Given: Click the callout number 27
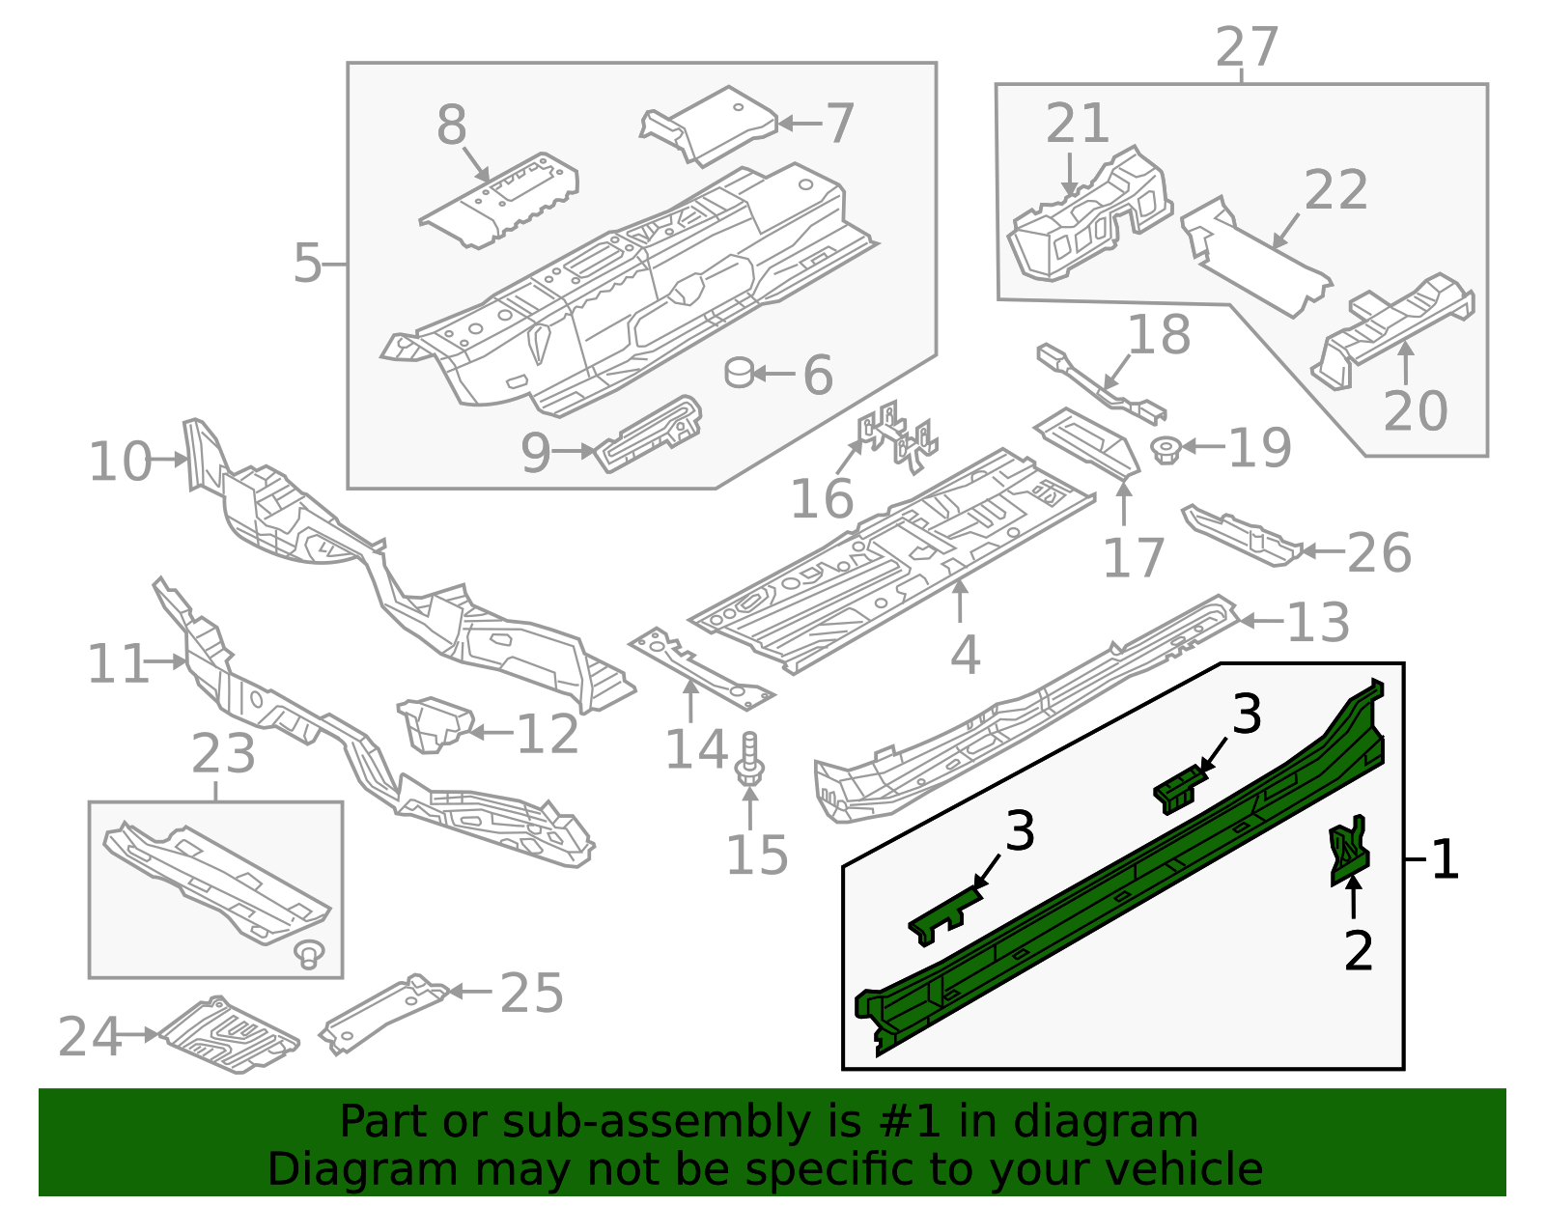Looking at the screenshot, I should tap(1247, 47).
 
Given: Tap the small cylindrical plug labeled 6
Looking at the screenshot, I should tap(740, 372).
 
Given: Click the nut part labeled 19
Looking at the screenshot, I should tap(1166, 449).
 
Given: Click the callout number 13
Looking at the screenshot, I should tap(1318, 623).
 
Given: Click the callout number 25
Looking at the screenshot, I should tap(532, 994).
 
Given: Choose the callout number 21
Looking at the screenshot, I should tap(1078, 125).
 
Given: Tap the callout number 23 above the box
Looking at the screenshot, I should tap(223, 754).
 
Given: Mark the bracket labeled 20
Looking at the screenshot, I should tap(1390, 323).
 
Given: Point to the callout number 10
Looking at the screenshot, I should tap(121, 462).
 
